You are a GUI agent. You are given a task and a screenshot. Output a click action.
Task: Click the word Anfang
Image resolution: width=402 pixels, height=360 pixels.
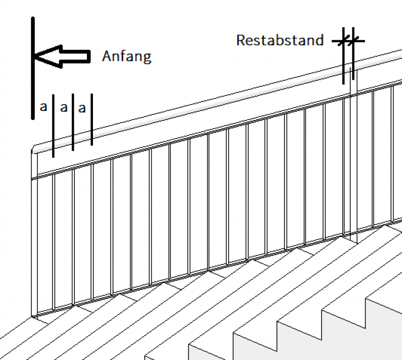point(126,56)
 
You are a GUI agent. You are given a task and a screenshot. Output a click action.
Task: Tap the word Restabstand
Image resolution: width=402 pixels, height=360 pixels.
point(280,40)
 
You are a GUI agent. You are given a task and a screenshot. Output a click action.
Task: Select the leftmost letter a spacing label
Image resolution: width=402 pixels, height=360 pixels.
point(43,107)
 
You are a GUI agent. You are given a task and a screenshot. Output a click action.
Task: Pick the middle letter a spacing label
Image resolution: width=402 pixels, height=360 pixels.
point(63,107)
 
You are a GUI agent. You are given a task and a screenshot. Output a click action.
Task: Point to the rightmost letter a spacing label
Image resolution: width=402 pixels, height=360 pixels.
point(82,107)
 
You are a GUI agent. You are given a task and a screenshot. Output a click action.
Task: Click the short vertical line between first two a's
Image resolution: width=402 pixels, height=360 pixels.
point(53,126)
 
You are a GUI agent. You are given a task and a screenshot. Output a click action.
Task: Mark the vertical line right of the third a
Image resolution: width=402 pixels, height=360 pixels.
point(92,121)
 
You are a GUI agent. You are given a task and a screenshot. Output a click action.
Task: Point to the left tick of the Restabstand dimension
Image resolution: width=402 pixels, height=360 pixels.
point(344,40)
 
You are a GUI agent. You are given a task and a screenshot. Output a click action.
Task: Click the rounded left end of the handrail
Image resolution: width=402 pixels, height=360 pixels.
point(34,149)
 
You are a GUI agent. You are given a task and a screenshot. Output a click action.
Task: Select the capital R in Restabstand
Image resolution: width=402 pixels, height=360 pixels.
point(241,40)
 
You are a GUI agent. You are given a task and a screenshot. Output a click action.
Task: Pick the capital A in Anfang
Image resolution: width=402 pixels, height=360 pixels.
point(107,56)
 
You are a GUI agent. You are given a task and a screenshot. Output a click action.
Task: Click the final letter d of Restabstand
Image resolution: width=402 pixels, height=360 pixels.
point(320,40)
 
